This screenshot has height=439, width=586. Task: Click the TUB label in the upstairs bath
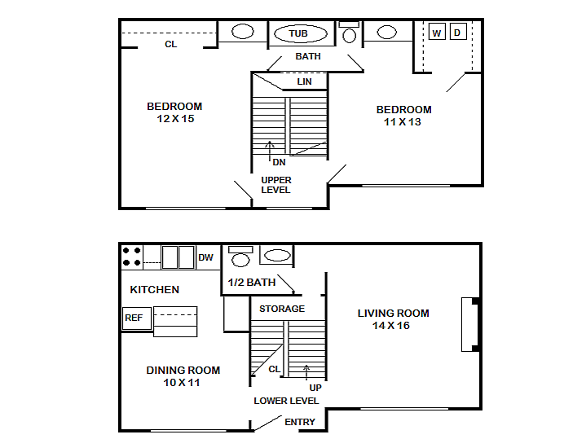(x=298, y=33)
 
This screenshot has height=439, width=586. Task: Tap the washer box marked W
(x=437, y=32)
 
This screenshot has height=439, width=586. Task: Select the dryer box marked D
(x=457, y=32)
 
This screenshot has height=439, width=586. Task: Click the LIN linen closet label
(x=304, y=81)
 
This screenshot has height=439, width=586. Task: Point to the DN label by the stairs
(x=280, y=162)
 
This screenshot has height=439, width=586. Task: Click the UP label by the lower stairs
(x=315, y=388)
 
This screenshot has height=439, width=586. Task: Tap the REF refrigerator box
(x=137, y=318)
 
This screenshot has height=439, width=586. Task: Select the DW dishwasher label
(x=205, y=257)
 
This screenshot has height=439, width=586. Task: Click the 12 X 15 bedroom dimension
(x=175, y=119)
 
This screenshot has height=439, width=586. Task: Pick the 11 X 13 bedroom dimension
(x=402, y=122)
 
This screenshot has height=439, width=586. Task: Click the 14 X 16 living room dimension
(x=391, y=326)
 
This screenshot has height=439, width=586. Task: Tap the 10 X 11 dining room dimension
(x=182, y=383)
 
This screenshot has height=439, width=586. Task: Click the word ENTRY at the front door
(x=300, y=422)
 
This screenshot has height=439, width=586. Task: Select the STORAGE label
(x=282, y=309)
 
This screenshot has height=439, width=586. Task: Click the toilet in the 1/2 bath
(x=240, y=257)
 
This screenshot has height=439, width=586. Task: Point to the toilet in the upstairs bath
(x=349, y=33)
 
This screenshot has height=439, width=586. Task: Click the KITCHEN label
(x=154, y=290)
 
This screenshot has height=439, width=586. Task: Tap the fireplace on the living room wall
(x=470, y=324)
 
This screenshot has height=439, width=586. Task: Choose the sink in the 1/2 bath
(x=277, y=256)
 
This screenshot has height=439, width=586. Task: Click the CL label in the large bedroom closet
(x=171, y=44)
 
